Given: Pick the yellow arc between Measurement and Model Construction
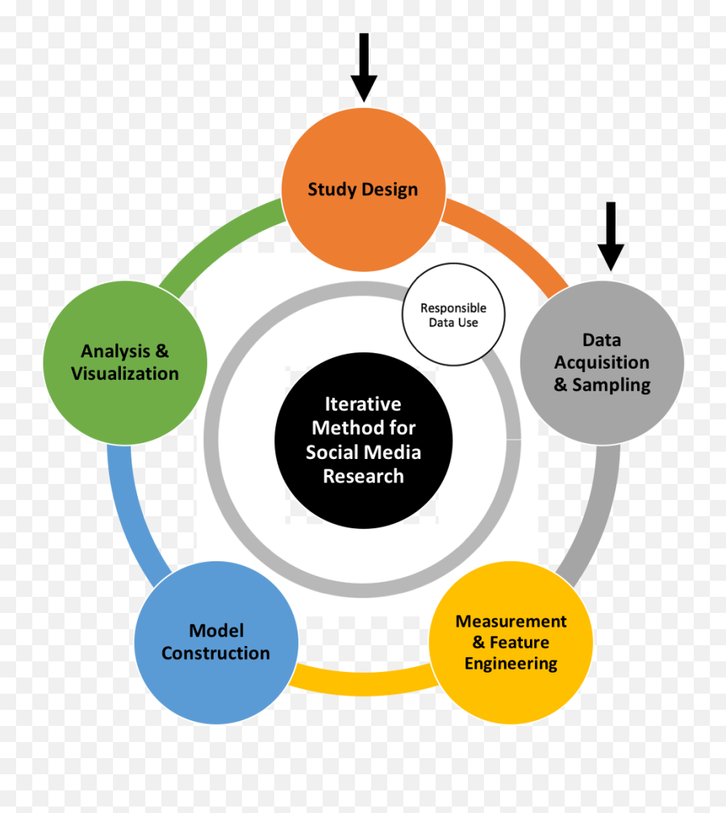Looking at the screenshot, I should pyautogui.click(x=363, y=682).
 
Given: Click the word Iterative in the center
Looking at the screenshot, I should pyautogui.click(x=363, y=403).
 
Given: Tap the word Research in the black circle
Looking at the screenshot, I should pyautogui.click(x=363, y=476).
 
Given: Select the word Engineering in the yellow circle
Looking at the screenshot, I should pyautogui.click(x=511, y=664).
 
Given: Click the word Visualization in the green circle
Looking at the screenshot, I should pyautogui.click(x=125, y=373).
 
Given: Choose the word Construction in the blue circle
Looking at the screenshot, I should pyautogui.click(x=215, y=653).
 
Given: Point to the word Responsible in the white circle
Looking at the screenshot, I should pyautogui.click(x=453, y=308).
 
